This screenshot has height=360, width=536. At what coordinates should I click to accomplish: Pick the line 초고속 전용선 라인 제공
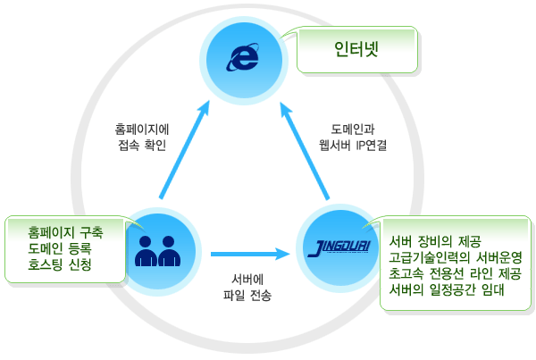pyautogui.click(x=456, y=273)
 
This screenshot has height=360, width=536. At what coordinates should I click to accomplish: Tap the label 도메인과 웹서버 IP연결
pyautogui.click(x=356, y=136)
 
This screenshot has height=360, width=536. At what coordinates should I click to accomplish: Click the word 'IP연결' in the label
pyautogui.click(x=378, y=144)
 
